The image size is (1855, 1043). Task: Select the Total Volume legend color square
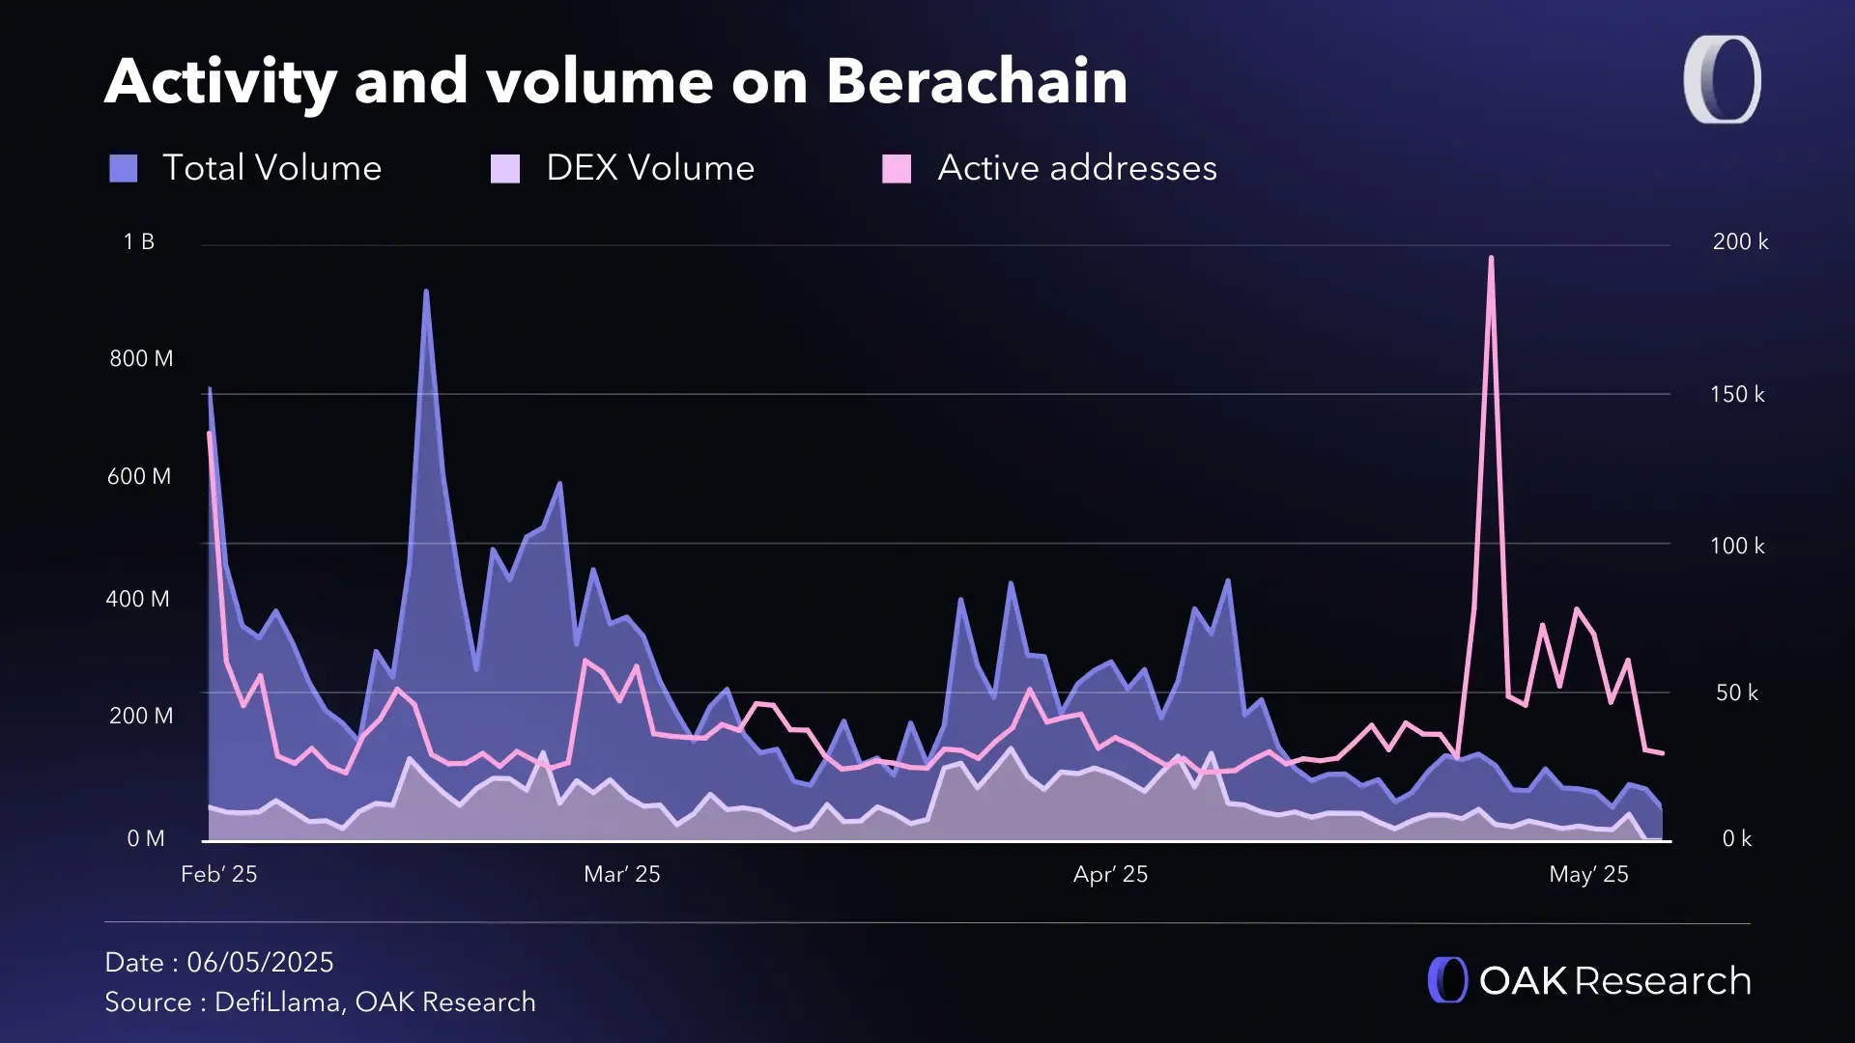[124, 169]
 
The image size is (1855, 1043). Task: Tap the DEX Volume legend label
[649, 168]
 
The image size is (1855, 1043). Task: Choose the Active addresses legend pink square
[897, 169]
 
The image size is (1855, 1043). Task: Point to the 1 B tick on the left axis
[138, 241]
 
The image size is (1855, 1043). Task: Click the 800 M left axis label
[141, 358]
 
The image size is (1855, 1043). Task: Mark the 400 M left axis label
[137, 599]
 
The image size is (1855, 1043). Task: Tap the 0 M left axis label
[145, 838]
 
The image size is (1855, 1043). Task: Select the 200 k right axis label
[1740, 241]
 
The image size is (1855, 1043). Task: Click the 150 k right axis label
[1737, 394]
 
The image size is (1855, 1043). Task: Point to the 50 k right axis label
[1736, 692]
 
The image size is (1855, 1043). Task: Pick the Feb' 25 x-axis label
[219, 874]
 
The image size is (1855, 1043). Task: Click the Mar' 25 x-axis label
[622, 874]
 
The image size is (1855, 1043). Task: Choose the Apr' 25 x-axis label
[1110, 874]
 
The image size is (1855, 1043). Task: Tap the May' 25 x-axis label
[1588, 874]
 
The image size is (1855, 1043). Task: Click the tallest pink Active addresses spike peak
[1491, 258]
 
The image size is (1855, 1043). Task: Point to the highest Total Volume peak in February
[426, 291]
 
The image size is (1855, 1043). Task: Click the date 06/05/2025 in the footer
[260, 962]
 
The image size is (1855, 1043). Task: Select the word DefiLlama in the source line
[276, 1001]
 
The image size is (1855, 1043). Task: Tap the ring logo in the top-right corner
[1722, 79]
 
